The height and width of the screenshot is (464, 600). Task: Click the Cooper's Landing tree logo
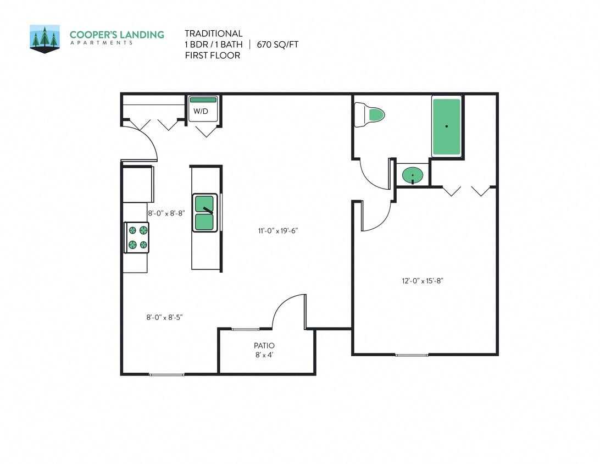point(45,38)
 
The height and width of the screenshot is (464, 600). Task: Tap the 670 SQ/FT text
point(277,45)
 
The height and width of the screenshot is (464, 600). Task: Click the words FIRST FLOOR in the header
point(212,56)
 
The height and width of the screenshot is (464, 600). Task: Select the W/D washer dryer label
point(201,112)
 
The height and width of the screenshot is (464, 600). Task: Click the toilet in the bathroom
point(369,115)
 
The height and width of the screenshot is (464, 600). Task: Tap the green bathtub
point(446,126)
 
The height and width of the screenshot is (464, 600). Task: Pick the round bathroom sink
point(412,176)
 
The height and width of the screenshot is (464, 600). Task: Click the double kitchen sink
point(204,213)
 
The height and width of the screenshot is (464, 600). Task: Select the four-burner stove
point(137,237)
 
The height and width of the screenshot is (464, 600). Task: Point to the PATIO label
point(264,346)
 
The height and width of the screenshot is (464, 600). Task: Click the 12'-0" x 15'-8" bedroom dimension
point(422,281)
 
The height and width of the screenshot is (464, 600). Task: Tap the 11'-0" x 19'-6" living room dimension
point(279,231)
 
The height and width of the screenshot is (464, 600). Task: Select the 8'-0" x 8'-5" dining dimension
point(164,317)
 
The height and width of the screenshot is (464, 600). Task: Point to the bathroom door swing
point(373,175)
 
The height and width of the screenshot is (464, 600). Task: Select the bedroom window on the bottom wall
point(411,355)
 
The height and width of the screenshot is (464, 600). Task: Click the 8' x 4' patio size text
point(264,355)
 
